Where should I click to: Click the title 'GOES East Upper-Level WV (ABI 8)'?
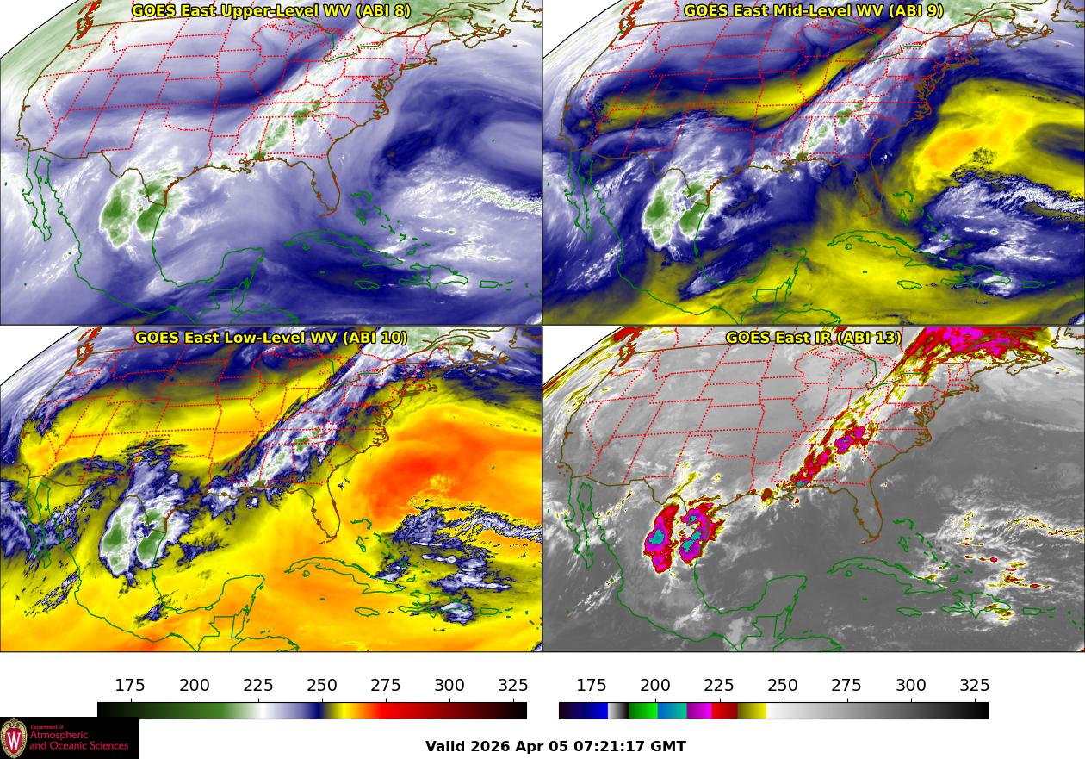(x=271, y=11)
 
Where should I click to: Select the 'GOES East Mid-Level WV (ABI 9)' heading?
(x=813, y=11)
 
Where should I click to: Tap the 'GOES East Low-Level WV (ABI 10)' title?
(x=271, y=338)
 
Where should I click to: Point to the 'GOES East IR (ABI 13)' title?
(x=813, y=338)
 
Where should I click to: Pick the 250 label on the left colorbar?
(x=322, y=686)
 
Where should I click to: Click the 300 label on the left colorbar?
(x=449, y=686)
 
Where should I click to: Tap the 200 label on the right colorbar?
(x=655, y=686)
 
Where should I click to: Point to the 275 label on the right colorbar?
(x=846, y=686)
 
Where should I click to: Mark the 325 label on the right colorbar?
(x=974, y=686)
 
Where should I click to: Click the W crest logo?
(x=14, y=738)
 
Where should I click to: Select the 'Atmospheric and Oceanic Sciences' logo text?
(x=79, y=741)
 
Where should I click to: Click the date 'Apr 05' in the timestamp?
(x=533, y=746)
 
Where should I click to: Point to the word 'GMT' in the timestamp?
(x=669, y=746)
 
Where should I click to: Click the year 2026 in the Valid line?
(x=489, y=746)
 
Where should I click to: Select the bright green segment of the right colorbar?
(x=642, y=711)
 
